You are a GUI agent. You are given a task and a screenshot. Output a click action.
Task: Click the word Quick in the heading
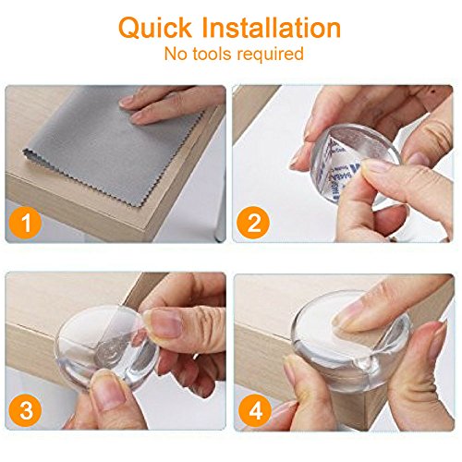click(155, 29)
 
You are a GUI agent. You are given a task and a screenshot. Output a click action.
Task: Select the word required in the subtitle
click(270, 55)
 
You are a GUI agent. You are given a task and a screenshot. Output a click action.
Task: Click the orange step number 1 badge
click(25, 223)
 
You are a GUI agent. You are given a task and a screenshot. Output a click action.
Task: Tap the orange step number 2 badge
click(253, 223)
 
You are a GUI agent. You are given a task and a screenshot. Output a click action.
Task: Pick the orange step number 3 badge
click(25, 410)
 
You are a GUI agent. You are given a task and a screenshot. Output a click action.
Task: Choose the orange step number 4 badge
click(255, 410)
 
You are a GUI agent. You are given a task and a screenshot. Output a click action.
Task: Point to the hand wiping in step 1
click(173, 103)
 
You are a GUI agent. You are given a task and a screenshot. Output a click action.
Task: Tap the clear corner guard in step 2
click(354, 164)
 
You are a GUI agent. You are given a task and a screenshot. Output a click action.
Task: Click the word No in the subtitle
click(176, 54)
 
